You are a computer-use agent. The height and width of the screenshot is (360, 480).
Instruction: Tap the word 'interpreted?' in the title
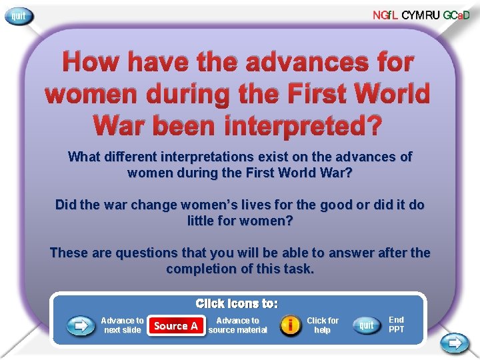point(306,124)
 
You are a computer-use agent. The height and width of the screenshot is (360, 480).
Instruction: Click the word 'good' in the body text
point(326,205)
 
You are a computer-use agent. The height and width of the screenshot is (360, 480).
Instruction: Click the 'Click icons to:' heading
point(237,303)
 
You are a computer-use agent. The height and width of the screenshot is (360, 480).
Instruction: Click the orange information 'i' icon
point(290,325)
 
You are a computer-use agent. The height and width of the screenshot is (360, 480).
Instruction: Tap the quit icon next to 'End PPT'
point(366,325)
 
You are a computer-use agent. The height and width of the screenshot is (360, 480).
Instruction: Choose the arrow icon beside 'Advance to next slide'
point(80,325)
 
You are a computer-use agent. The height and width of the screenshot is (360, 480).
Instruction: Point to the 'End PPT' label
point(396,325)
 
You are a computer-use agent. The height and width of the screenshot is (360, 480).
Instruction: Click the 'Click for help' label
point(323,325)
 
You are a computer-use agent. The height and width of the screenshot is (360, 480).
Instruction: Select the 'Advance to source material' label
point(237,325)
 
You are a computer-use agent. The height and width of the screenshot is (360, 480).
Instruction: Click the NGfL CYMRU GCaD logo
point(425,15)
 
